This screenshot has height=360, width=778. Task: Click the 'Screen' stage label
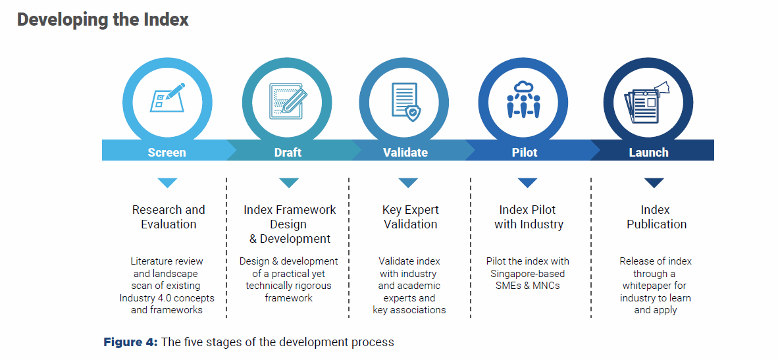pos(167,152)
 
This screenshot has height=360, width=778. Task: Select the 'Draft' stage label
pos(288,152)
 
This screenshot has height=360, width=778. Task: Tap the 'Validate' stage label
pos(405,152)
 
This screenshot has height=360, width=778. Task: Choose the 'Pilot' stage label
pos(525,152)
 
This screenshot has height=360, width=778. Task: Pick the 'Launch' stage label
pos(648,152)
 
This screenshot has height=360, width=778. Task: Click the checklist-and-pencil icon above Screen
pos(168,97)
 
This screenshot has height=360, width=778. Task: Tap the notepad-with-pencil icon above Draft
pos(286,101)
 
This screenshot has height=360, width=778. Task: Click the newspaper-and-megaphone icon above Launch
pos(647,103)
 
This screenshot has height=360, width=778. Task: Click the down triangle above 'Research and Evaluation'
pos(167,182)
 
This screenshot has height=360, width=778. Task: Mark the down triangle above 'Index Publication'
pos(654,182)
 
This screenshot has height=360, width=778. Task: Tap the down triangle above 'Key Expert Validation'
pos(408,182)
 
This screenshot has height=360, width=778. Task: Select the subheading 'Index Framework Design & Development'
pos(290,224)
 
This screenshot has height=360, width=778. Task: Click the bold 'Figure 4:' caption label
pos(130,342)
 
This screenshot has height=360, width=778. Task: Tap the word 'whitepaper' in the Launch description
pos(655,286)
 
